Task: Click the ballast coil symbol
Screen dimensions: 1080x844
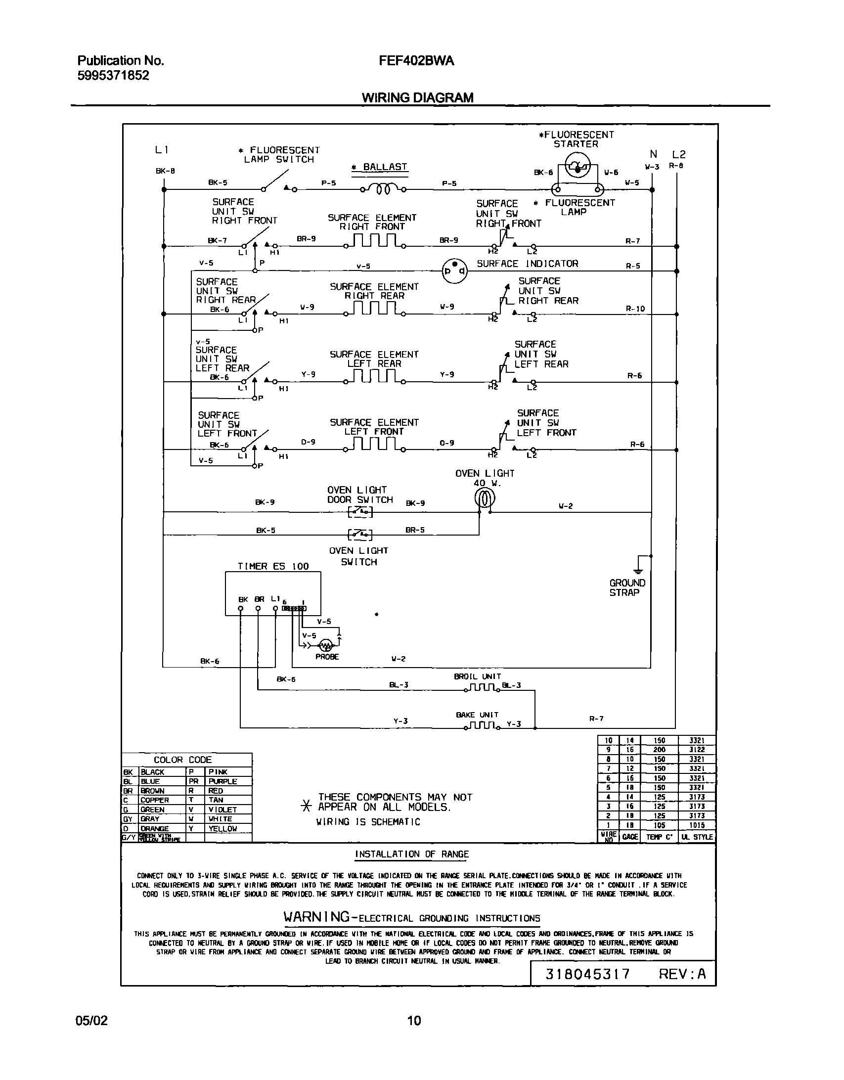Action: (x=384, y=189)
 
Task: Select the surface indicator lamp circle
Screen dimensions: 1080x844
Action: (x=454, y=270)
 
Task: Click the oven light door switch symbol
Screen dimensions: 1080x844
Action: (x=360, y=512)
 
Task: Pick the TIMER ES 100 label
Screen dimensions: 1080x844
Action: (x=273, y=567)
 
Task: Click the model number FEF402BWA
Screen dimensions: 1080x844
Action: (x=416, y=61)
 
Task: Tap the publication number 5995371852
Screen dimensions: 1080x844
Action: (x=113, y=76)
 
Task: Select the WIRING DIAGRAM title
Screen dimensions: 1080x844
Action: (x=417, y=98)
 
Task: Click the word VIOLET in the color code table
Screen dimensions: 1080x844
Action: (x=222, y=810)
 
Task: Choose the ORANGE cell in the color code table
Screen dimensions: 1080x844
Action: (x=155, y=828)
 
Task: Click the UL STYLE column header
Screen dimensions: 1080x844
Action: (x=697, y=837)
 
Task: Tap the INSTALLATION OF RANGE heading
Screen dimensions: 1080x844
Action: (x=412, y=854)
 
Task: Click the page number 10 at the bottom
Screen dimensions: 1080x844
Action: (x=414, y=1020)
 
